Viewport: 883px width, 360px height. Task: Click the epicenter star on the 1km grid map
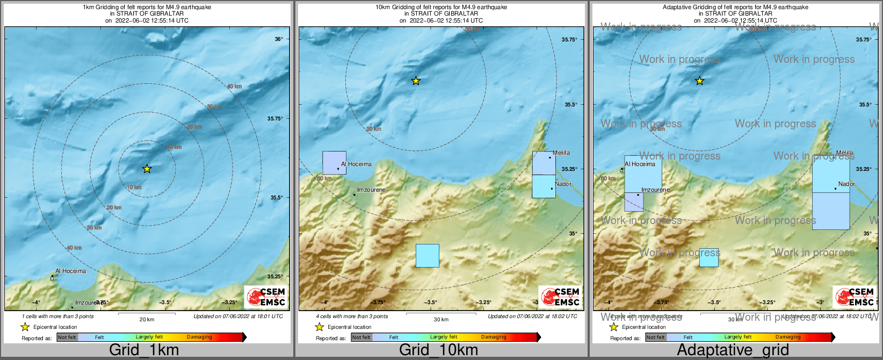(147, 169)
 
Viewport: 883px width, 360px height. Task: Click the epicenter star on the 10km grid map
(416, 81)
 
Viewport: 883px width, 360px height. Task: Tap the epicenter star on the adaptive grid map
(699, 81)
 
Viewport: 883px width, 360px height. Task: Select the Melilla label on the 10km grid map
(561, 153)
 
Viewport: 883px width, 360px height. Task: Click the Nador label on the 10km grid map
(563, 184)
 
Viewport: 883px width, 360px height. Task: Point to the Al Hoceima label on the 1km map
(70, 271)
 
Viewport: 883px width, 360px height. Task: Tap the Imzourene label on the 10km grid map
(371, 190)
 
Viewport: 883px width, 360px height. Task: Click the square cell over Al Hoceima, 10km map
(334, 163)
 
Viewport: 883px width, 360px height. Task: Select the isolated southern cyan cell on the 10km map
(428, 256)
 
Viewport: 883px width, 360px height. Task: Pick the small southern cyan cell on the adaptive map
(709, 258)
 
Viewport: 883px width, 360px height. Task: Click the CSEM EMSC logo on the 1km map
(266, 297)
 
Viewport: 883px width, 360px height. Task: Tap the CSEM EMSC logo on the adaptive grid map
(855, 297)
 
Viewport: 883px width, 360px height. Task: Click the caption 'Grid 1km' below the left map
(144, 350)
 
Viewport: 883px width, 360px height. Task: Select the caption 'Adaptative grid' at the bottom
(733, 350)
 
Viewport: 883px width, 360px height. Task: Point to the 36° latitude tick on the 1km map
(279, 39)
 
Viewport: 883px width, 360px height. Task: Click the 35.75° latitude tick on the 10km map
(569, 40)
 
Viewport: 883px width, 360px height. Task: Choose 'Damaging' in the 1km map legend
(199, 337)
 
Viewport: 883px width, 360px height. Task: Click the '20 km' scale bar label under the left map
(147, 320)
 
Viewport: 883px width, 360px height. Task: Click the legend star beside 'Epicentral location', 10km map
(320, 327)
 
